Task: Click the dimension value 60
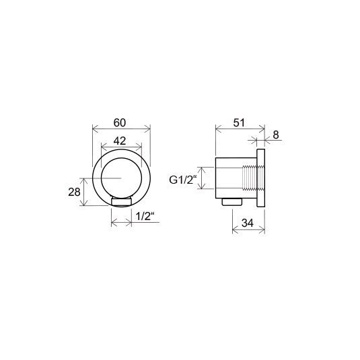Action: [x=120, y=123]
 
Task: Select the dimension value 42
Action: [x=120, y=141]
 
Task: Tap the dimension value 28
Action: [x=74, y=192]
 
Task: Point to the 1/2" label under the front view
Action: [x=145, y=216]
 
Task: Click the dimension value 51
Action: [x=239, y=123]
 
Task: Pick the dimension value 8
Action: [x=276, y=135]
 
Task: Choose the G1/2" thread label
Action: [x=183, y=180]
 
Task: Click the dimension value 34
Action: [x=247, y=223]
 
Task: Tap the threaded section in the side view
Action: [x=250, y=178]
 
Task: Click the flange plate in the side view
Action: [x=260, y=178]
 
